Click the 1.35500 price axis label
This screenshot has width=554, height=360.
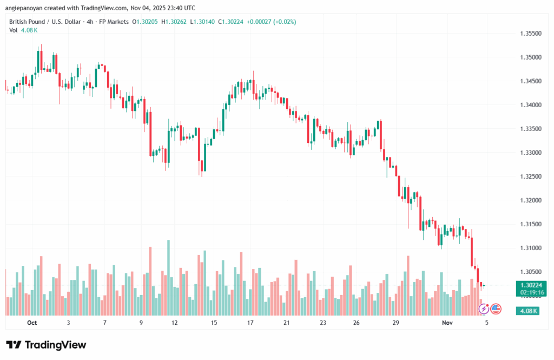[x=531, y=34]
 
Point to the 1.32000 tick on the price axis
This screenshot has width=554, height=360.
[x=531, y=200]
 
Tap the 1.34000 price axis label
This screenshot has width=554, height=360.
[x=531, y=105]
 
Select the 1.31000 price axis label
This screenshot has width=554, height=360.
[x=531, y=248]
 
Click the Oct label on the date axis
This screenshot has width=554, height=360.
[x=31, y=323]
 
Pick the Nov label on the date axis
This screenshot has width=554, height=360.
[x=447, y=323]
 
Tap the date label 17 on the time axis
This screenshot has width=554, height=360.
[x=250, y=323]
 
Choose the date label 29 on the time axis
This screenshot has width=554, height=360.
[x=396, y=323]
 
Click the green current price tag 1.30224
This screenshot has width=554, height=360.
[x=530, y=285]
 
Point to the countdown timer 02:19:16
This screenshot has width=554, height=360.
[x=530, y=292]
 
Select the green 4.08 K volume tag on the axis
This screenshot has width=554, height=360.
[x=527, y=311]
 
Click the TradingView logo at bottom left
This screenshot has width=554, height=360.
[x=46, y=345]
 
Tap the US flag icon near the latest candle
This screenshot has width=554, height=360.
[x=496, y=309]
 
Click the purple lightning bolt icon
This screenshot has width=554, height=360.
[x=484, y=309]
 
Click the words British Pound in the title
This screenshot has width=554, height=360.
[x=28, y=22]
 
